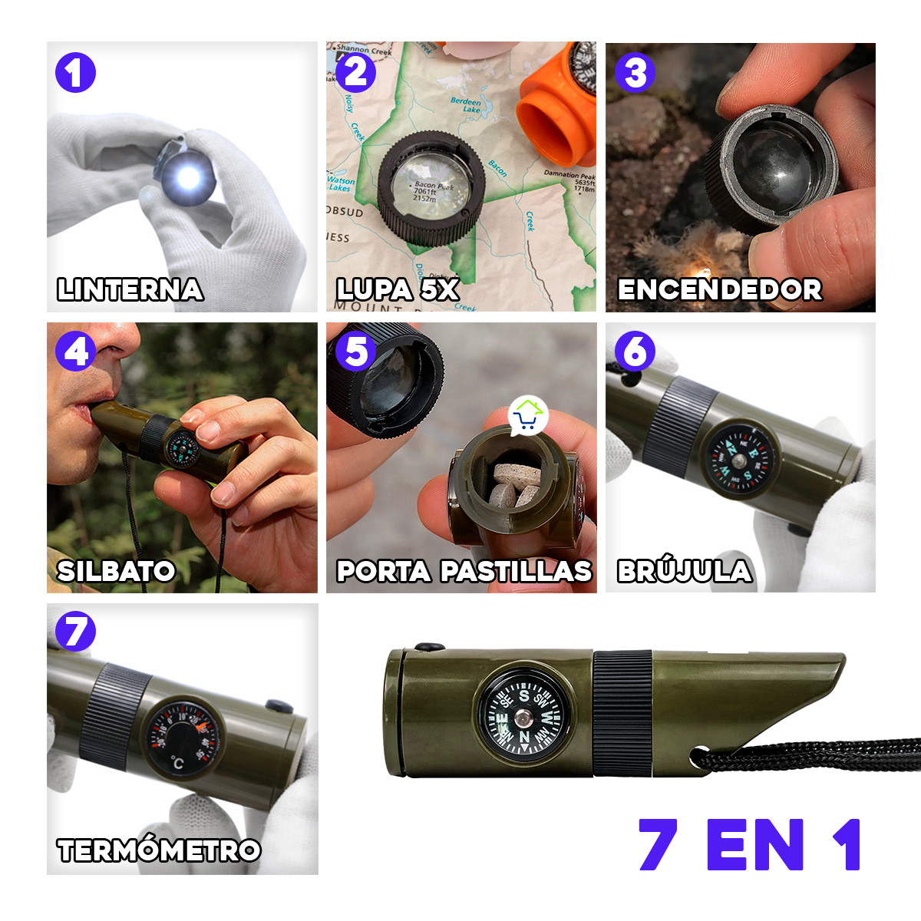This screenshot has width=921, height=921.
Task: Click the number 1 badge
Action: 75,74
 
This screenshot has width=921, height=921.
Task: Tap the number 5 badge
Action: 355,352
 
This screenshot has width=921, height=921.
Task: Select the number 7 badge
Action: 75,632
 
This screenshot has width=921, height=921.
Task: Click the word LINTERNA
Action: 130,289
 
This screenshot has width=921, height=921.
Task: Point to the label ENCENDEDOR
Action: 720,289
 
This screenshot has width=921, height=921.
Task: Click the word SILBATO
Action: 117,571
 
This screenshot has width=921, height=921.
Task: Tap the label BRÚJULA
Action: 685,571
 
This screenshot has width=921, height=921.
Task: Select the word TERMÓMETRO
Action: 159,850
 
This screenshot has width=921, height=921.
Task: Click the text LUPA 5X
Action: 398,289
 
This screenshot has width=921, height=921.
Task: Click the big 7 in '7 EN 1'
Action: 659,845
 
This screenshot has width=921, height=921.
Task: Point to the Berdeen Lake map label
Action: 466,105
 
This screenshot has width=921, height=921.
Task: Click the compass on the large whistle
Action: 524,718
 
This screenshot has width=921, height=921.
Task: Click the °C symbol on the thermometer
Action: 177,763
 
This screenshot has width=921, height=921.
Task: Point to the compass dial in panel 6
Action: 738,460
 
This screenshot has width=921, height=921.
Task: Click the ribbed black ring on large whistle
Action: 622,712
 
